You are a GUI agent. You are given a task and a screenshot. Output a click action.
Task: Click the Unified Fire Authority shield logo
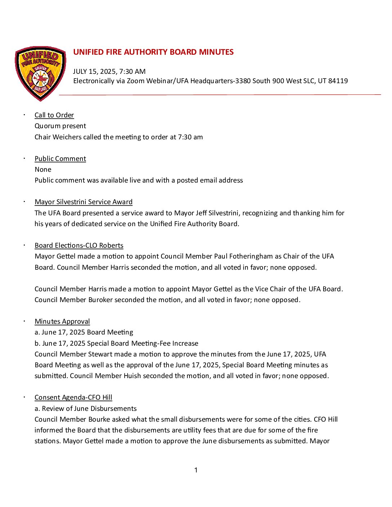tap(40, 73)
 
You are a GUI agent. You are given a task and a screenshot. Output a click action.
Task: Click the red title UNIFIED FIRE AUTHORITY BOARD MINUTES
tap(153, 52)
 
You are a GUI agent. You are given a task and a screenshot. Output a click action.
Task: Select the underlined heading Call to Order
tap(54, 115)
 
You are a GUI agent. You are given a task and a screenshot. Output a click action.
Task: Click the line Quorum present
tap(60, 126)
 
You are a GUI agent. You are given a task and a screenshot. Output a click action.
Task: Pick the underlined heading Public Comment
tap(60, 159)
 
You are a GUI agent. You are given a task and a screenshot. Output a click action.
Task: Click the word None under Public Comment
tap(43, 170)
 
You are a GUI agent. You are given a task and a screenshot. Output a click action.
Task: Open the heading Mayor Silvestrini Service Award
tap(84, 202)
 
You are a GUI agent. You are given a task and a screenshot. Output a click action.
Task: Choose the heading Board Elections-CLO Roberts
tap(79, 246)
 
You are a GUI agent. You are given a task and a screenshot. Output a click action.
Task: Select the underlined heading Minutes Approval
tap(62, 322)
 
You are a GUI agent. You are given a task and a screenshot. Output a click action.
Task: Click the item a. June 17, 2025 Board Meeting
tap(84, 332)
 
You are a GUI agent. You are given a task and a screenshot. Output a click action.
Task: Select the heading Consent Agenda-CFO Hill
tap(73, 398)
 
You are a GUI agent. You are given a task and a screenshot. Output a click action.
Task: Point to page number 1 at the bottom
tap(196, 470)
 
